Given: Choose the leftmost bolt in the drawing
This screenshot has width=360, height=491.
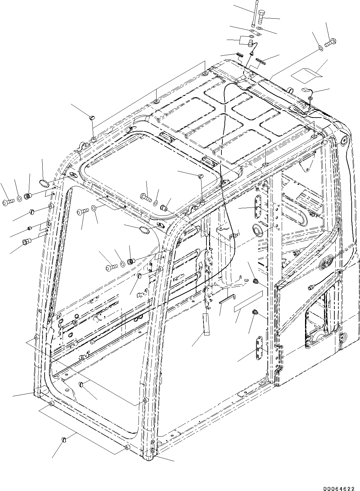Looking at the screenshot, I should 8,202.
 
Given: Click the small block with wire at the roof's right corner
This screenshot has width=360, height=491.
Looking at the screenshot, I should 306,90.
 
